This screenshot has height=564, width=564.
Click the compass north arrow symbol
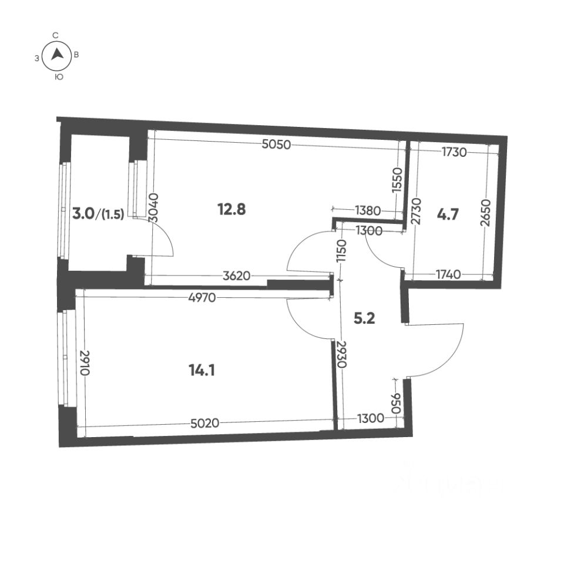[57, 55]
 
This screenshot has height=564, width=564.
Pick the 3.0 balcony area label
[83, 214]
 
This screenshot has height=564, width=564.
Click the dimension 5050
[276, 145]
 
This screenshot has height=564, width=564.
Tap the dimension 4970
[203, 298]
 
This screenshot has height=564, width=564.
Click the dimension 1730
[454, 153]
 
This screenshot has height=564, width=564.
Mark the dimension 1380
[368, 210]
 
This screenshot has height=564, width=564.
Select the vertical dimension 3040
[153, 207]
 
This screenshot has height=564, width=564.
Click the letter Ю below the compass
[58, 77]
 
